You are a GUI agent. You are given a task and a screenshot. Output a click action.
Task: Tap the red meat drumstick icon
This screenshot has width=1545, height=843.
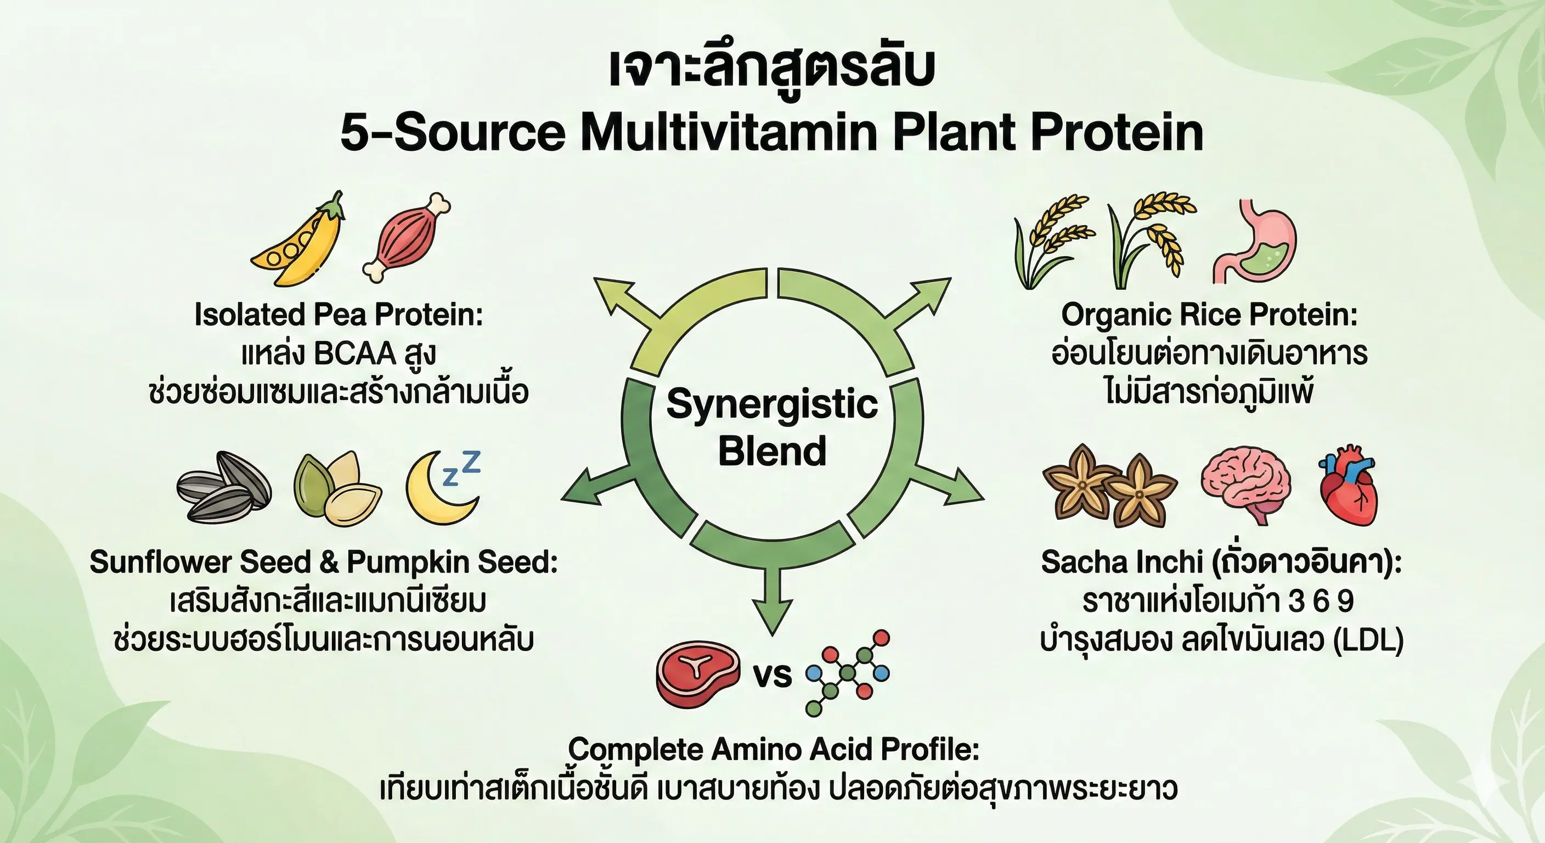406,238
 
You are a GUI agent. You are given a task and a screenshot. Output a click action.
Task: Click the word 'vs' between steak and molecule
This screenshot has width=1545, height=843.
773,676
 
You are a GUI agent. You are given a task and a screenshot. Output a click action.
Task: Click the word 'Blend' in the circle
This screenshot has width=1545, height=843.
773,451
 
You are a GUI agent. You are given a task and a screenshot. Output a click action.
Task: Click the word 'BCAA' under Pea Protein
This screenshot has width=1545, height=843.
354,354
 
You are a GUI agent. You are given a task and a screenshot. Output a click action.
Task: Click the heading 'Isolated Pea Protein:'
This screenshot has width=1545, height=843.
339,315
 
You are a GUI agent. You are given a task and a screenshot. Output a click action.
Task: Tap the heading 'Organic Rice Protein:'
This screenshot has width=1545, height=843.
1210,315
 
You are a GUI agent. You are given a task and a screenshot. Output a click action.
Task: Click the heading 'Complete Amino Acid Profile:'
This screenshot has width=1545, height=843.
774,749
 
